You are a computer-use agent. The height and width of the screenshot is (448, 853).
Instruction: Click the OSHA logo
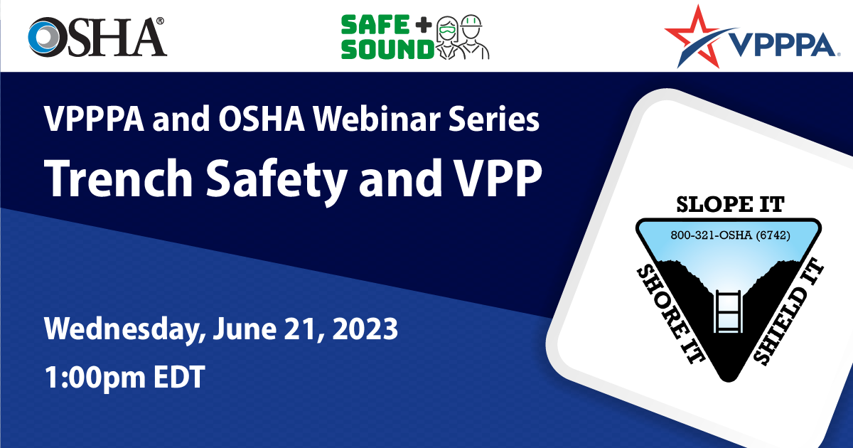(97, 37)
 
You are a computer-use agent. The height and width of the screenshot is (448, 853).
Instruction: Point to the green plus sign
(424, 25)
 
